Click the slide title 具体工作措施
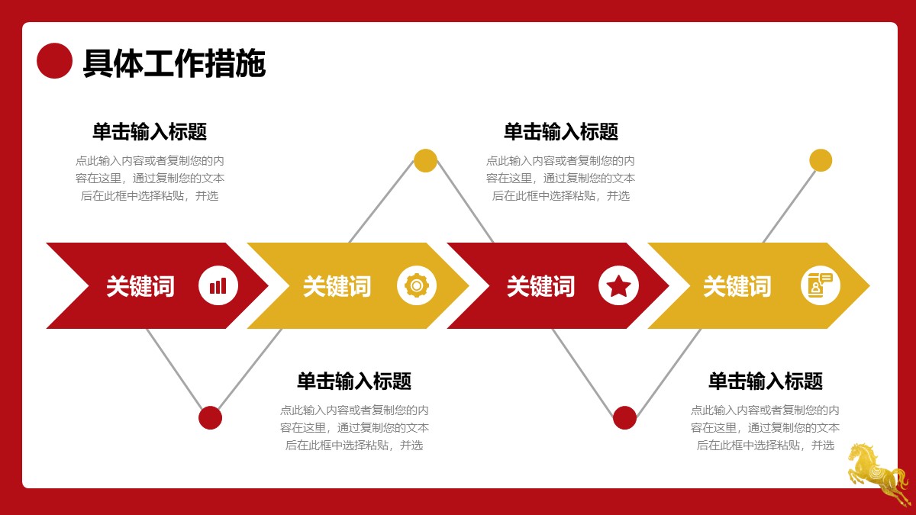(175, 63)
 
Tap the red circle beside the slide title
(54, 60)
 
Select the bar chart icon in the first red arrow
(218, 285)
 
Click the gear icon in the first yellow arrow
(417, 285)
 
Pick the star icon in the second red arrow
(618, 285)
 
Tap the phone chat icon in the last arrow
(821, 285)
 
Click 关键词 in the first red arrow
(140, 286)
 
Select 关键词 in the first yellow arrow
(337, 286)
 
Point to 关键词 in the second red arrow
(540, 286)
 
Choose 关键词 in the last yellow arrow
(737, 286)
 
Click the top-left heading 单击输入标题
(150, 131)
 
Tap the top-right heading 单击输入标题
(560, 131)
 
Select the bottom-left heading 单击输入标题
(354, 381)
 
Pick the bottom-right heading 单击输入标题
(766, 381)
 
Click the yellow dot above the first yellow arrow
(425, 160)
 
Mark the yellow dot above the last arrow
(821, 160)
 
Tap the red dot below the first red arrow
(210, 418)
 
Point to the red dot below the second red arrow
(625, 418)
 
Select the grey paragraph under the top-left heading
(150, 179)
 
